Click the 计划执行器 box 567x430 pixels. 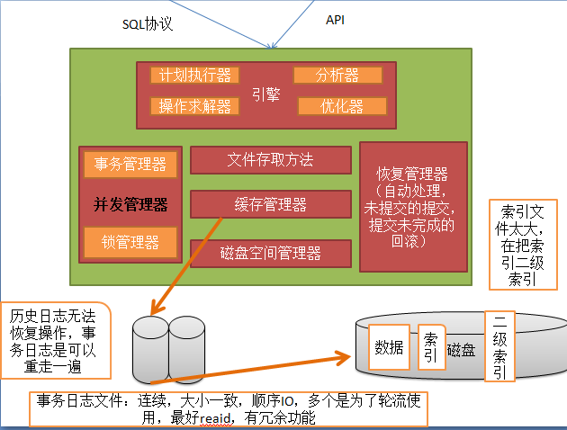coord(194,75)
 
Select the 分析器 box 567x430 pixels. coord(337,75)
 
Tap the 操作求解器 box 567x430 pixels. coord(194,106)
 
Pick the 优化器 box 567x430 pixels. coord(341,106)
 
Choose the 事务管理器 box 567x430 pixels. coord(130,164)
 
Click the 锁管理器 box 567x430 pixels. coord(130,241)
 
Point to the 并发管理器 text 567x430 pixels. coord(130,204)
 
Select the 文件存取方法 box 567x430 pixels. coord(270,160)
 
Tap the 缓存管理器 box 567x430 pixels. coord(270,204)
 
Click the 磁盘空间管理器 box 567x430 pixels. coord(270,253)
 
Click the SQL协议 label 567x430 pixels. coord(148,24)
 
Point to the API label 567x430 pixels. coord(334,20)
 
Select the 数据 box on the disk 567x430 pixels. coord(389,348)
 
